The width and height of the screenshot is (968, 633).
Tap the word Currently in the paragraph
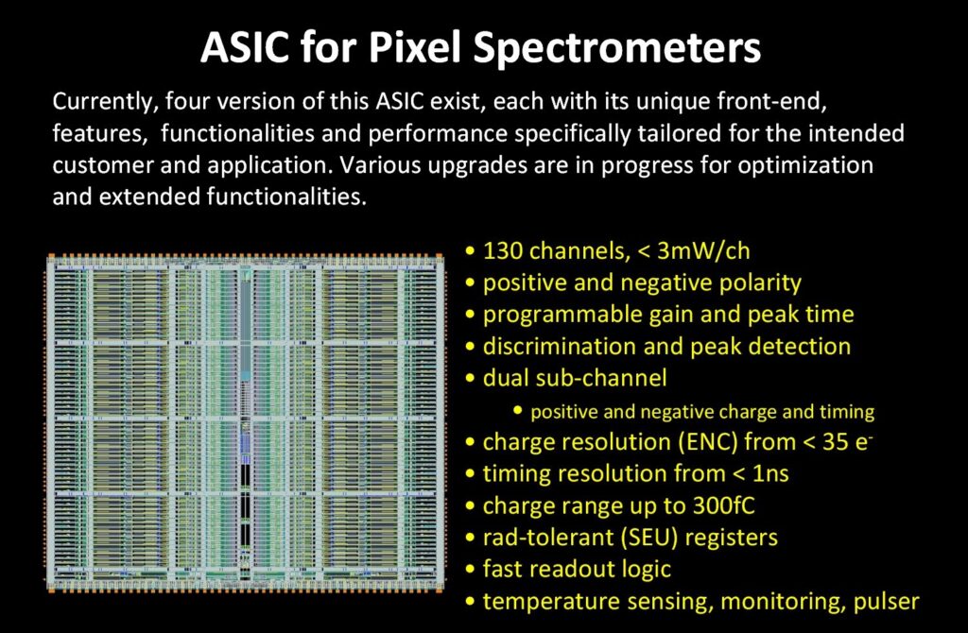click(x=100, y=100)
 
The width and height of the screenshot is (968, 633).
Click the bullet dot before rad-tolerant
click(x=471, y=539)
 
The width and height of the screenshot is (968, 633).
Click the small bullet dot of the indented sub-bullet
click(x=518, y=412)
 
